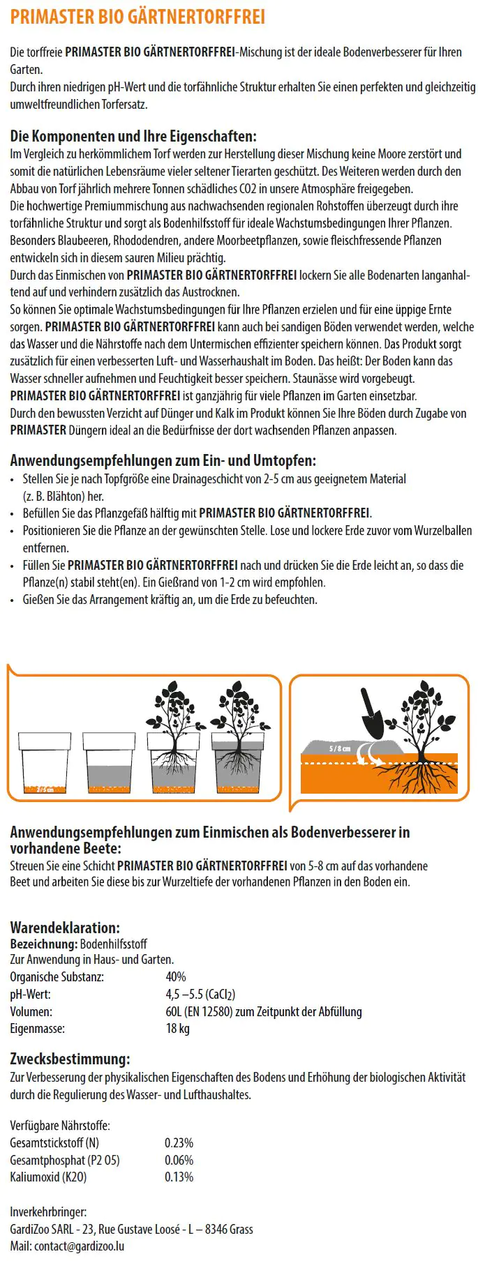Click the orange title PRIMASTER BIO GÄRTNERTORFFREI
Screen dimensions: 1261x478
click(137, 17)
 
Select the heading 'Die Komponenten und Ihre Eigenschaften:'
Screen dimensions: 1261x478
click(133, 136)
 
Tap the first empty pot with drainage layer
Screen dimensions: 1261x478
click(45, 762)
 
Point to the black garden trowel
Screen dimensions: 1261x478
click(372, 716)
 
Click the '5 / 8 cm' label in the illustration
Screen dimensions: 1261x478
click(340, 748)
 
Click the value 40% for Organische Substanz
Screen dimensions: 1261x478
click(176, 977)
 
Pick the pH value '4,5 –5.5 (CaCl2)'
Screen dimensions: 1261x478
click(200, 995)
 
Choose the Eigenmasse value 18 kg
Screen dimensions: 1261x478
click(177, 1029)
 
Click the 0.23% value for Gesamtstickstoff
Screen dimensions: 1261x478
click(179, 1143)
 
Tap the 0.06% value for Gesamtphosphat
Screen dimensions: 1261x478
click(179, 1160)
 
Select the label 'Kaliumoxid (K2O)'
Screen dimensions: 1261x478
click(48, 1177)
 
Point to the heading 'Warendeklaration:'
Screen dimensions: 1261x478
click(65, 928)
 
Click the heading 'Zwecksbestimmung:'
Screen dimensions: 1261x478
click(70, 1059)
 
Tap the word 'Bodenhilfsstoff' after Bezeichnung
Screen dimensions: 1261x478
click(114, 944)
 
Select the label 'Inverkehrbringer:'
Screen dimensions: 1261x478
click(48, 1212)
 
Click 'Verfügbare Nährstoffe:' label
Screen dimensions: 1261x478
click(60, 1126)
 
